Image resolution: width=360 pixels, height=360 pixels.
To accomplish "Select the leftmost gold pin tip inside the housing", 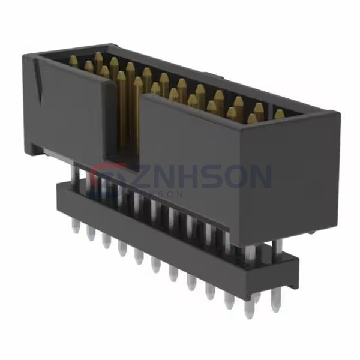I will point(73,60).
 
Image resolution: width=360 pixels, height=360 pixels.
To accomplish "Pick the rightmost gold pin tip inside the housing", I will point(279,113).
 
